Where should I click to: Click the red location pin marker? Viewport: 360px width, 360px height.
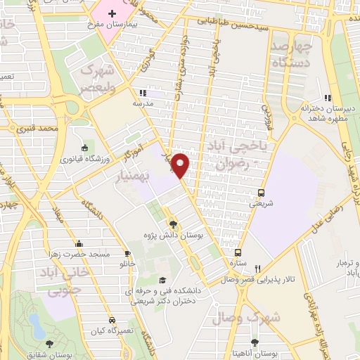click(181, 165)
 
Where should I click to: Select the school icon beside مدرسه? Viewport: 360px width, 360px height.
click(143, 93)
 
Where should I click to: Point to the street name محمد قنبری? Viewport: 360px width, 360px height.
click(37, 129)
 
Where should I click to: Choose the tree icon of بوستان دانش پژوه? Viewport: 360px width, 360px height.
click(174, 224)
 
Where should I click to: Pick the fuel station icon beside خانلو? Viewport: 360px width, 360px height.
click(127, 253)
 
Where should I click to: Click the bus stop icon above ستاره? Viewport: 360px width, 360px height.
click(238, 252)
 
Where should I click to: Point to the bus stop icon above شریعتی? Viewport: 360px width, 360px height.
click(261, 192)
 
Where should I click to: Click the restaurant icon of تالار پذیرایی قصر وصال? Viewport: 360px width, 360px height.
click(258, 268)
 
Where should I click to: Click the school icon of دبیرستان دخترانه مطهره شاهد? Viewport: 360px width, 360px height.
click(327, 98)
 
